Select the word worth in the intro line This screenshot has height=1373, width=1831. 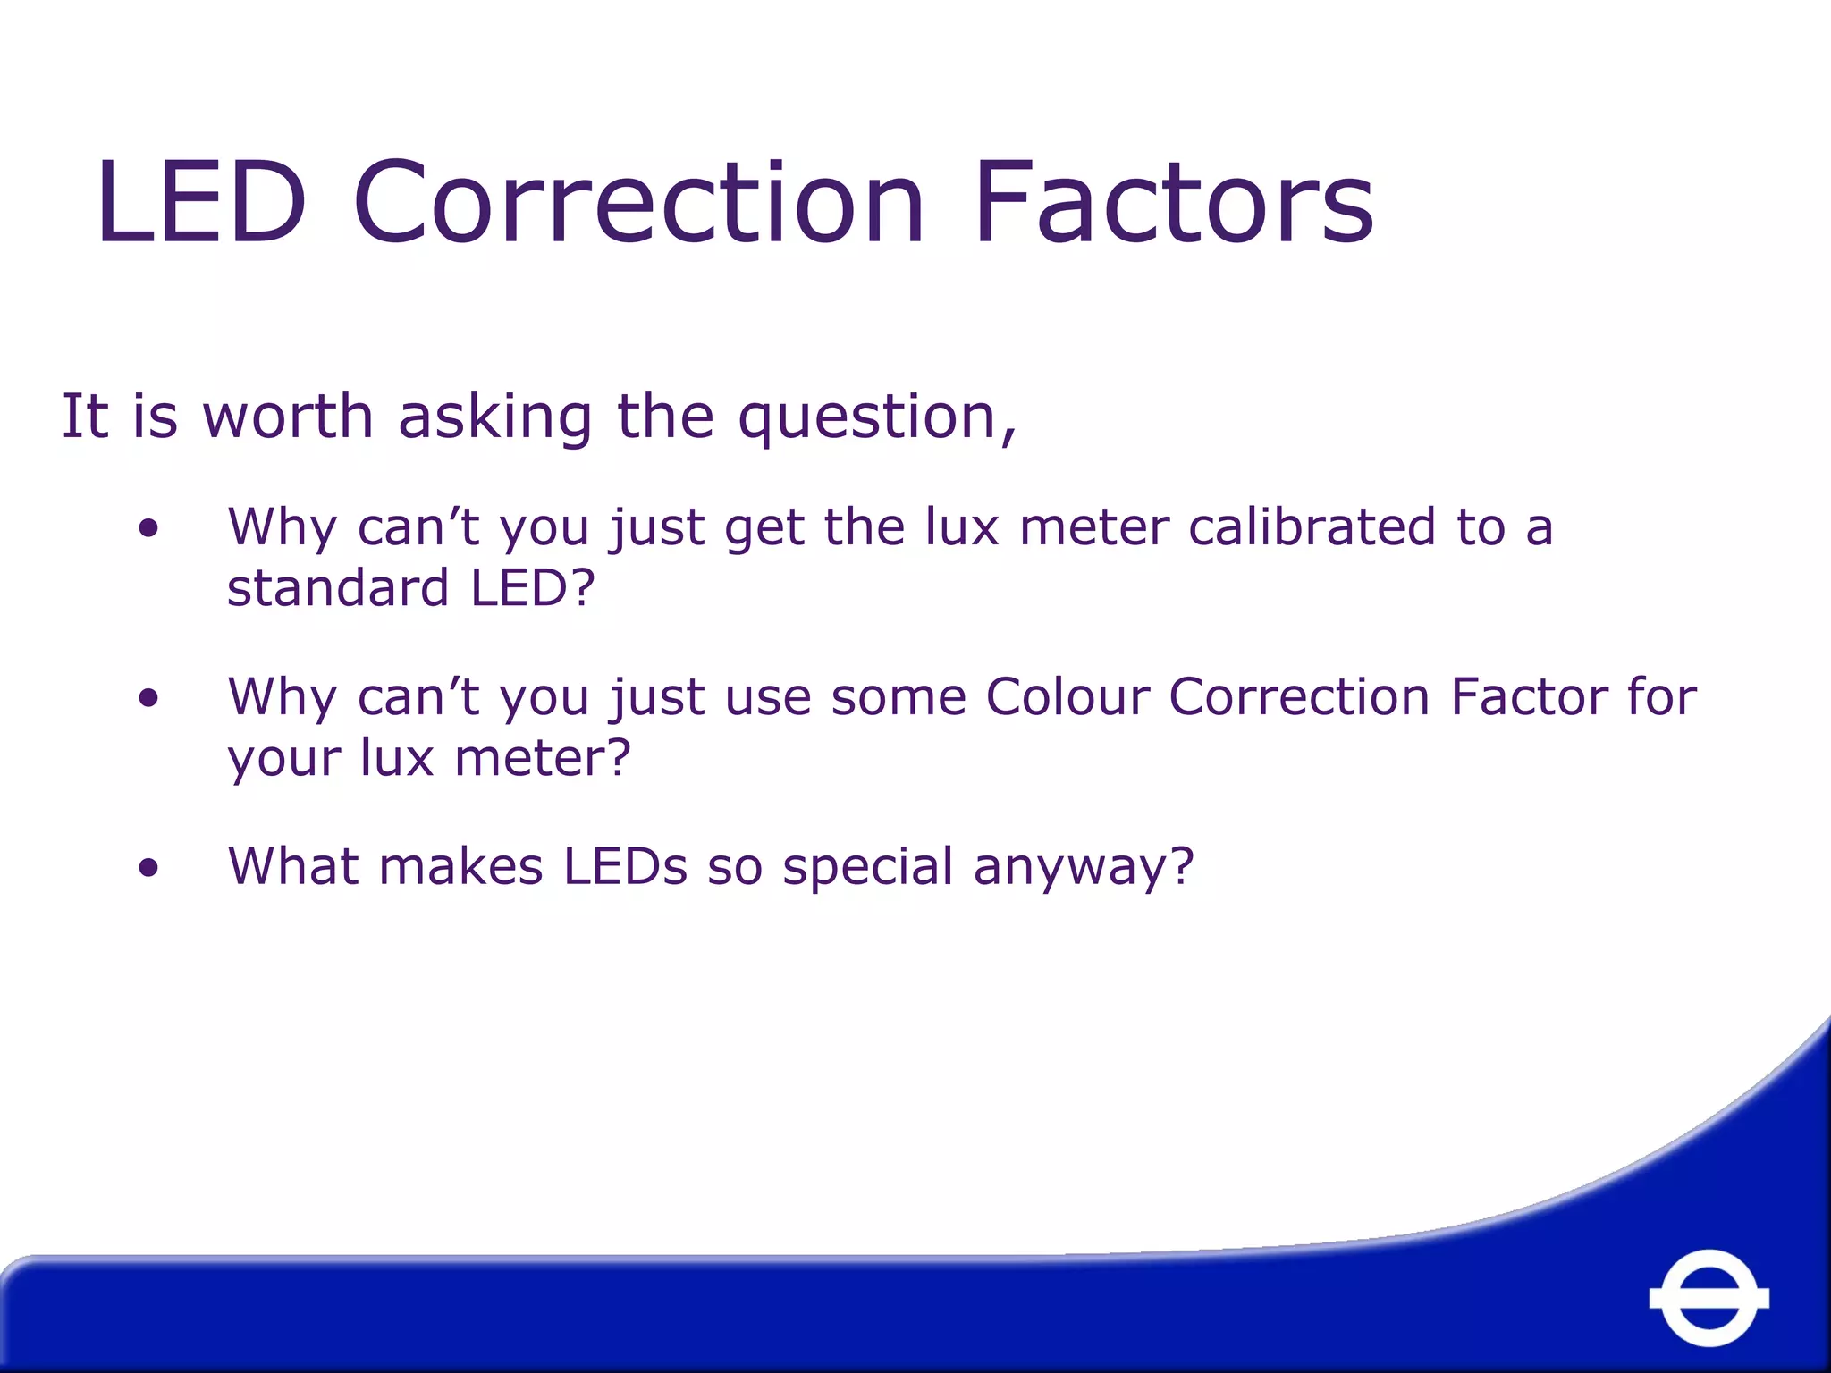(288, 417)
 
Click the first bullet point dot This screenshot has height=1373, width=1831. (148, 527)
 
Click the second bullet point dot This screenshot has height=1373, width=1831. (148, 697)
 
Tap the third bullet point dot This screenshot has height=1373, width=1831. (148, 867)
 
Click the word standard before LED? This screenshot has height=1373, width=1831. (338, 588)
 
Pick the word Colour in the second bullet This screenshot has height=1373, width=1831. (1066, 696)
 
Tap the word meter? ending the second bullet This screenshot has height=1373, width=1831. (543, 758)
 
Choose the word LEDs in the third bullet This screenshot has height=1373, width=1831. (625, 866)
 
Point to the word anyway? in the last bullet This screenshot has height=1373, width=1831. (1084, 868)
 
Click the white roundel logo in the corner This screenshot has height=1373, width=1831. (1709, 1297)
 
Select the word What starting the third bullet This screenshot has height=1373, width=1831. (296, 866)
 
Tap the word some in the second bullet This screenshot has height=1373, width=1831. (898, 696)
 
